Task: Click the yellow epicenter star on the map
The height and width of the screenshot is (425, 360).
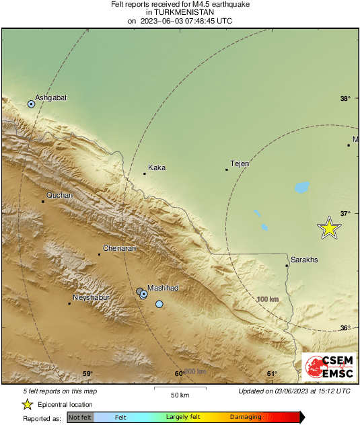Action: point(329,228)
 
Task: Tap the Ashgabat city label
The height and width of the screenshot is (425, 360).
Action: point(50,97)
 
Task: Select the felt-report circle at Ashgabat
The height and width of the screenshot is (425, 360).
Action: point(31,104)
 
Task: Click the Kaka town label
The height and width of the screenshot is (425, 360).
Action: point(157,167)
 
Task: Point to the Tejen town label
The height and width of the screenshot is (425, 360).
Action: point(240,163)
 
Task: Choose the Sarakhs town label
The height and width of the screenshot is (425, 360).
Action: point(303,260)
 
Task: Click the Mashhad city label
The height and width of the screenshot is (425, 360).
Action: point(162,288)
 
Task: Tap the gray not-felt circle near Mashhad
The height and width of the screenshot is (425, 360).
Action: point(139,291)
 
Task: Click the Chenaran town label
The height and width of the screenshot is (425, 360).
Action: point(120,248)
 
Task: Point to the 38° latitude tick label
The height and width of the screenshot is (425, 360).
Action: point(345,99)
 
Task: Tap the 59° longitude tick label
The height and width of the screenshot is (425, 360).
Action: point(87,374)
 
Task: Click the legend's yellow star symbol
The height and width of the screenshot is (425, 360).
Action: point(28,404)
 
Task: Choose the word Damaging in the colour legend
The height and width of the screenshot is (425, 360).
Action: point(246,417)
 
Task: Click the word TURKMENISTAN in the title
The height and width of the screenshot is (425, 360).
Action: point(180,12)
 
